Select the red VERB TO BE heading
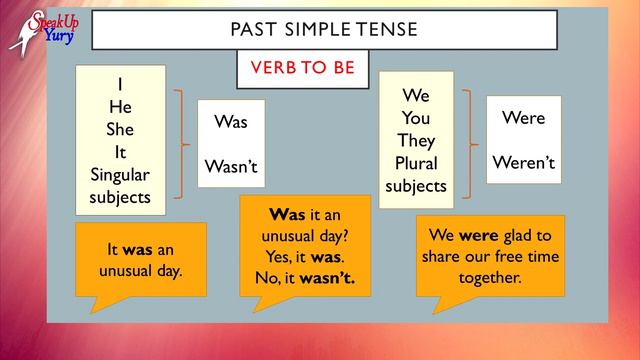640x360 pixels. click(x=301, y=70)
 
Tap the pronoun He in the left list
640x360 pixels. click(x=120, y=105)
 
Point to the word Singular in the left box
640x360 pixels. click(x=120, y=174)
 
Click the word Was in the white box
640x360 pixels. click(x=231, y=122)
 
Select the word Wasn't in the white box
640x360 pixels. click(x=231, y=166)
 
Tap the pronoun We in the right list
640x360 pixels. click(x=416, y=96)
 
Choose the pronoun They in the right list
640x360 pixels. click(x=416, y=140)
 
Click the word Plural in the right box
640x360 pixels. click(x=416, y=163)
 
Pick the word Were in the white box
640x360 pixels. click(x=523, y=118)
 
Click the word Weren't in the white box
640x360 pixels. click(x=523, y=162)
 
